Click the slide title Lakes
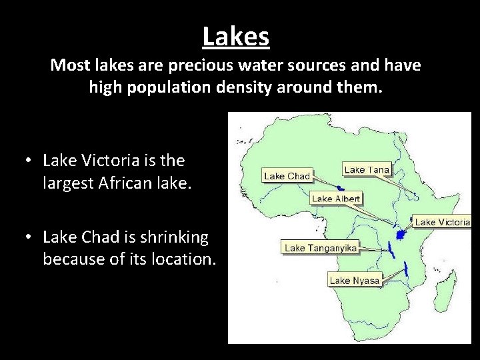point(236,36)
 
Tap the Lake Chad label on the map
point(287,176)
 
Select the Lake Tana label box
point(367,169)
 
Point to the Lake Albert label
point(336,198)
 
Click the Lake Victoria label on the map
point(443,221)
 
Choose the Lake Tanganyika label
point(321,248)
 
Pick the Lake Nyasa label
point(354,280)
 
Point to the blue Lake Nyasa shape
point(405,270)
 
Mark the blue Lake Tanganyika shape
point(390,251)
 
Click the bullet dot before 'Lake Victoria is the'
point(28,161)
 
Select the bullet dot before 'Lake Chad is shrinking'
point(28,237)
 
